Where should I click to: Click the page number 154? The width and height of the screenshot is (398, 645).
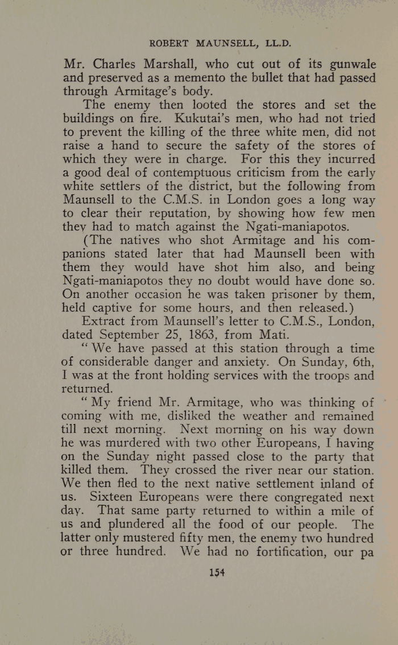coord(218,572)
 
